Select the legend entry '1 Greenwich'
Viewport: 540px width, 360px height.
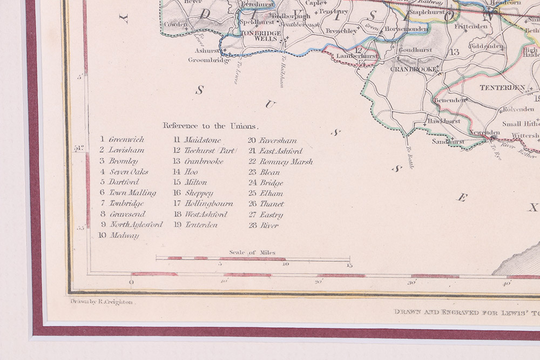tap(122, 140)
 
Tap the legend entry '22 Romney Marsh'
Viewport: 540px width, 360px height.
tap(280, 161)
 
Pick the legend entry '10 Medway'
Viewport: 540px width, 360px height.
tap(118, 235)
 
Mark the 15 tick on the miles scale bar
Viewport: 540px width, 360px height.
tap(349, 265)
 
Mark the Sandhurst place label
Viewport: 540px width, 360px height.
tap(448, 142)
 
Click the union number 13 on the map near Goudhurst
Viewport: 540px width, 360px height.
tap(454, 52)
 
